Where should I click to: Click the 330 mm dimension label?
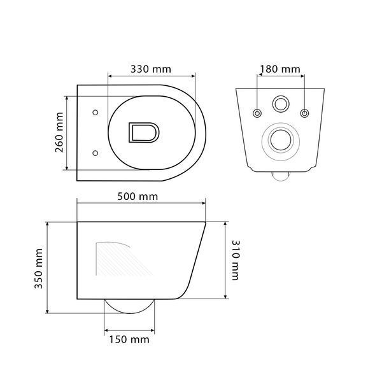pyautogui.click(x=151, y=69)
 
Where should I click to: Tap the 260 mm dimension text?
pyautogui.click(x=59, y=132)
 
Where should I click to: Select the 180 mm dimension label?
pyautogui.click(x=280, y=69)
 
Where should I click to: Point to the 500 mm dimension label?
pyautogui.click(x=138, y=196)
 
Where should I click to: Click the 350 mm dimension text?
pyautogui.click(x=38, y=269)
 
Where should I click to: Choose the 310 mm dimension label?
pyautogui.click(x=236, y=260)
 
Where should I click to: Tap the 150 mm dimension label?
pyautogui.click(x=129, y=339)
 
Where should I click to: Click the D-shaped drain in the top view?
pyautogui.click(x=144, y=132)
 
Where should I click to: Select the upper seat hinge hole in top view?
pyautogui.click(x=95, y=112)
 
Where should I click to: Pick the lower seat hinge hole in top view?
pyautogui.click(x=95, y=153)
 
